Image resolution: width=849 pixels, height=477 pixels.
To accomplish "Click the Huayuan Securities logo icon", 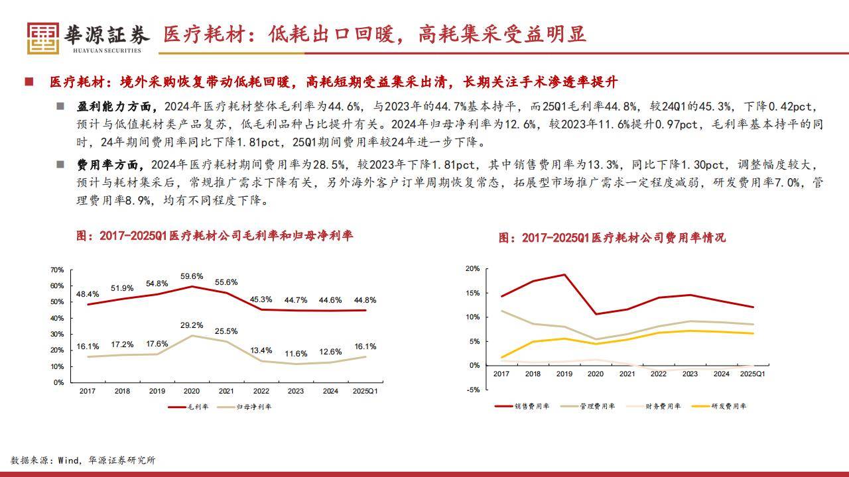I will [x=43, y=38].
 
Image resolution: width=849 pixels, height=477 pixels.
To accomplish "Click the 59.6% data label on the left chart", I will [x=191, y=276].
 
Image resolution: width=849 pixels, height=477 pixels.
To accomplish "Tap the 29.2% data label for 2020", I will [x=191, y=325].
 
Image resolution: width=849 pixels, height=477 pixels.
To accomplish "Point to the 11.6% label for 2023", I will [x=296, y=354].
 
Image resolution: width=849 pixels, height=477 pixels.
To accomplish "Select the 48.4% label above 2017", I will [x=88, y=293].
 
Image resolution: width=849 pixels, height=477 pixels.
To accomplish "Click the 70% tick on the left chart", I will [x=57, y=270].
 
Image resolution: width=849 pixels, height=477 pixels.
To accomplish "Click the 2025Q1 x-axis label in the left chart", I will [x=365, y=391].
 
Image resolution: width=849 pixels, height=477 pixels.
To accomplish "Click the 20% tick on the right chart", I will [x=472, y=268].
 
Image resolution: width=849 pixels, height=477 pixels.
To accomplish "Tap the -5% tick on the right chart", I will [x=472, y=390].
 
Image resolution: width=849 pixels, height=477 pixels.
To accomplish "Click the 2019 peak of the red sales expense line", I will [x=564, y=274].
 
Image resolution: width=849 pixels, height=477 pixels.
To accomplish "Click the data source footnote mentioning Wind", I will [x=83, y=460].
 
